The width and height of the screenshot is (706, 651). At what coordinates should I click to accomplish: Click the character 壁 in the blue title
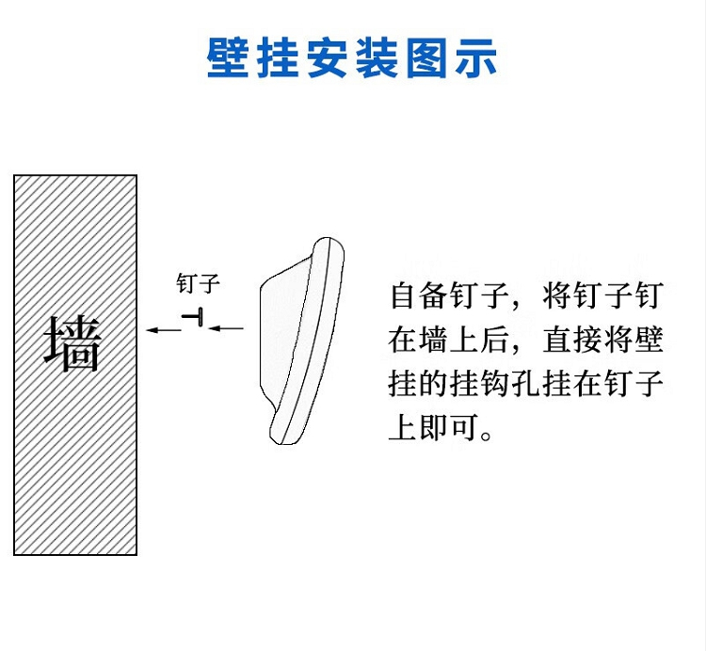click(x=229, y=58)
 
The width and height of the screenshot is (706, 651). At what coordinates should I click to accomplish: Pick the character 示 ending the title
click(x=475, y=58)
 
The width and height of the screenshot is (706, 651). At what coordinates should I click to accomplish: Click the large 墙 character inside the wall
click(x=73, y=343)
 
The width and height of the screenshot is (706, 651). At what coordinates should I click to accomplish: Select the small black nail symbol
click(x=196, y=317)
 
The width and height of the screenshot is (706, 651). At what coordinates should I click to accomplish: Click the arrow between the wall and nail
click(x=165, y=329)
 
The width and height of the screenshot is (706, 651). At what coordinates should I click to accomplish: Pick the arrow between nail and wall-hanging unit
click(x=226, y=328)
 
